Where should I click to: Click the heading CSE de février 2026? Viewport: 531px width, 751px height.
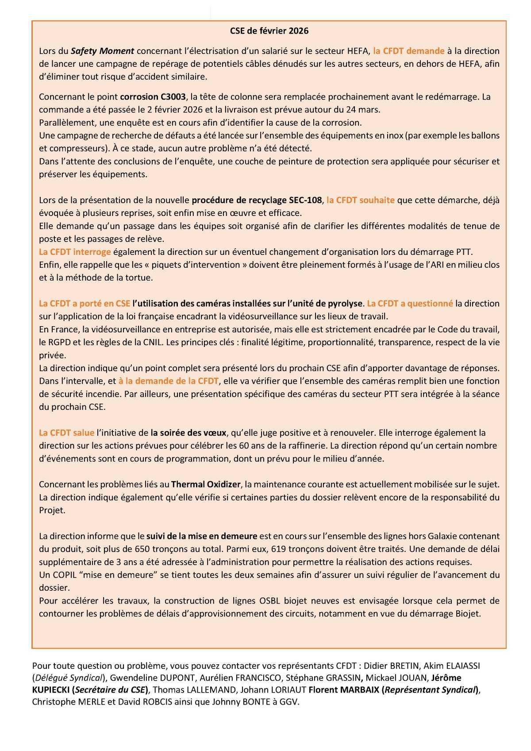[x=269, y=31]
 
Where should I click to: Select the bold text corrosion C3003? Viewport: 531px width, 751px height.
[x=153, y=96]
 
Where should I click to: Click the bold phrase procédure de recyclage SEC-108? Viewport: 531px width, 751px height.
[x=257, y=200]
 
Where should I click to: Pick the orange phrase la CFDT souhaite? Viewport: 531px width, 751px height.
[x=360, y=200]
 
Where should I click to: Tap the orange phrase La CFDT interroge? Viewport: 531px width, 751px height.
[x=75, y=252]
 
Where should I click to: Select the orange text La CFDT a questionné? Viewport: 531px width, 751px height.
[x=410, y=304]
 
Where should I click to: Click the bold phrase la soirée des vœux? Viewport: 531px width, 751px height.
[x=189, y=432]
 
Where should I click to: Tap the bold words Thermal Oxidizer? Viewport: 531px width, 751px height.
[x=206, y=484]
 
